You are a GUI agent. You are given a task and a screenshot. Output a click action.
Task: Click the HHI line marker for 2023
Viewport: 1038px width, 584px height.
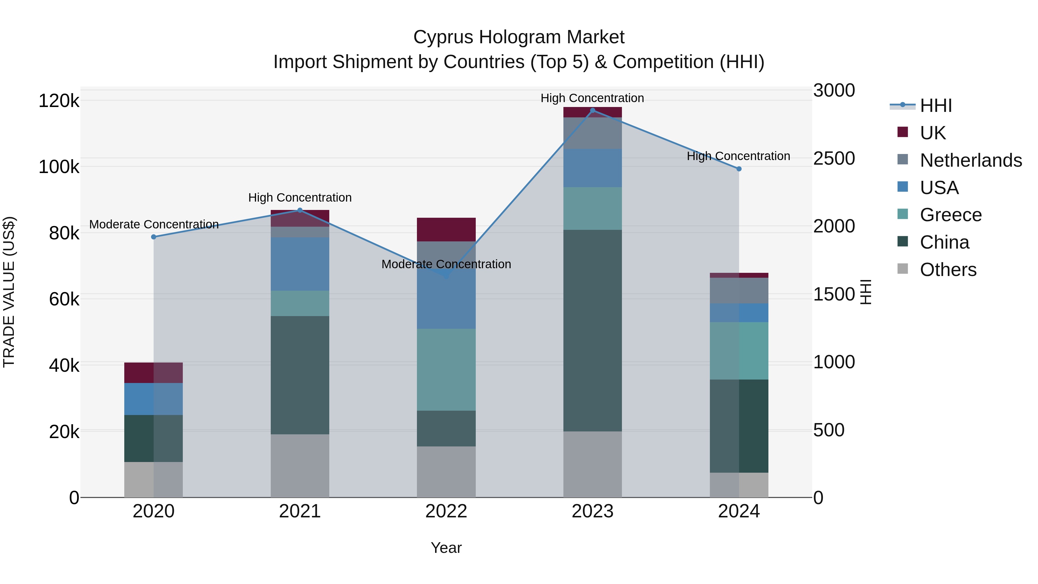tap(592, 110)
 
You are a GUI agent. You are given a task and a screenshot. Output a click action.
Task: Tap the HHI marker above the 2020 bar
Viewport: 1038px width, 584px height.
tap(153, 237)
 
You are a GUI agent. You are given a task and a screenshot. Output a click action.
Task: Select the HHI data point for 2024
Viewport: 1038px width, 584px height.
tap(739, 169)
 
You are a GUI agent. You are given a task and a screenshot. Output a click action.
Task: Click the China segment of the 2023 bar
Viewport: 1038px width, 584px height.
tap(592, 331)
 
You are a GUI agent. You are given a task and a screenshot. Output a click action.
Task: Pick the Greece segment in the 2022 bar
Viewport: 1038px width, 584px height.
tap(446, 370)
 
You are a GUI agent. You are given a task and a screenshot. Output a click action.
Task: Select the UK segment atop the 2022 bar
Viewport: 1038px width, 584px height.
tap(446, 229)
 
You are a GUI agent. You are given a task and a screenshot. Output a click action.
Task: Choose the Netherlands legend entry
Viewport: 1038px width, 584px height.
tap(970, 160)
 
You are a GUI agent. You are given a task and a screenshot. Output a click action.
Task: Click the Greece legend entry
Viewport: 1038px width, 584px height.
tap(950, 215)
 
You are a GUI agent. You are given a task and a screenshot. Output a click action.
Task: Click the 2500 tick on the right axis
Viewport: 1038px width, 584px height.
tap(834, 158)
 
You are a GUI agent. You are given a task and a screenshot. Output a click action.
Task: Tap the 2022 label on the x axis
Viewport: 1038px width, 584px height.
tap(446, 511)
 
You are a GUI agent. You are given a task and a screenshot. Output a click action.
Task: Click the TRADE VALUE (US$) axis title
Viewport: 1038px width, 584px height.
tap(9, 292)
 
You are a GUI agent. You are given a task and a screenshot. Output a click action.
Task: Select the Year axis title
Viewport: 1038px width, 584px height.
tap(446, 548)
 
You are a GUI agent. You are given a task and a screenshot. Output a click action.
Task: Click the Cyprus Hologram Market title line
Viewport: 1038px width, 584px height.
tap(519, 37)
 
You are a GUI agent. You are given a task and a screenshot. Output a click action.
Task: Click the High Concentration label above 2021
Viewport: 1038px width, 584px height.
tap(300, 198)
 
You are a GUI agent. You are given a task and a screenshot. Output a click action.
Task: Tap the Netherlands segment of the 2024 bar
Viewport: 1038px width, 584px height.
tap(739, 291)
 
